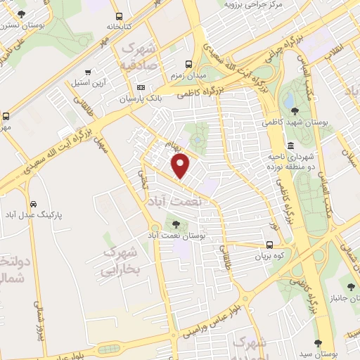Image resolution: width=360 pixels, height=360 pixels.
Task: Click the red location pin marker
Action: [x=181, y=167]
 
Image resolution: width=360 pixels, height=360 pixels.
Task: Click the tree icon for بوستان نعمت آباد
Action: [x=176, y=224]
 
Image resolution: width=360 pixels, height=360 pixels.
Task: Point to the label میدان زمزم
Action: [x=187, y=75]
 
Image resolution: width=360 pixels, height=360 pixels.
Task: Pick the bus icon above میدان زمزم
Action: [x=187, y=62]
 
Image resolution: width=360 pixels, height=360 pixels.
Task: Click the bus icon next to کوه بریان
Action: [x=270, y=245]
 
